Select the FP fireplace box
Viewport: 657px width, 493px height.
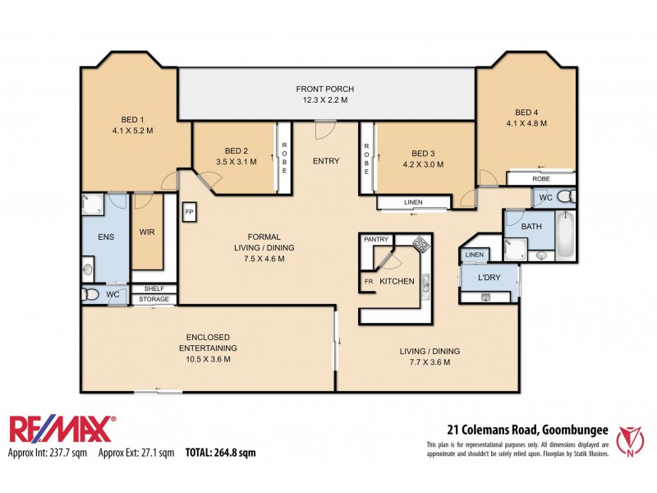click(188, 211)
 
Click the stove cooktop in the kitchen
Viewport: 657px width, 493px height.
click(420, 244)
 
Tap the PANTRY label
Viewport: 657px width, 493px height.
click(376, 239)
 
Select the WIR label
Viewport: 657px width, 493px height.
click(148, 232)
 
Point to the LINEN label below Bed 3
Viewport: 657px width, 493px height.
click(413, 202)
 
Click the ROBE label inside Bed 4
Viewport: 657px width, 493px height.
click(540, 178)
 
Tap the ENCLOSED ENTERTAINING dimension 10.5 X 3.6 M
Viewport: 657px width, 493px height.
click(207, 359)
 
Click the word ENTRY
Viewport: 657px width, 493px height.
click(326, 161)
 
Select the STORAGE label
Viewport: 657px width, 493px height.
click(154, 299)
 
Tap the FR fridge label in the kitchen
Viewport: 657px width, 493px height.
click(367, 282)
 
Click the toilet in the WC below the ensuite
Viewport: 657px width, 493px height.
click(91, 294)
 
